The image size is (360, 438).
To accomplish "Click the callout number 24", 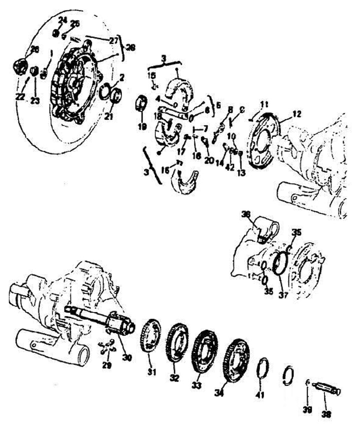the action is click(x=62, y=19).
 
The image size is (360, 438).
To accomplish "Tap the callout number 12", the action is click(x=297, y=114).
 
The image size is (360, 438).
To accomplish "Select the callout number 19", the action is click(x=142, y=127).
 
